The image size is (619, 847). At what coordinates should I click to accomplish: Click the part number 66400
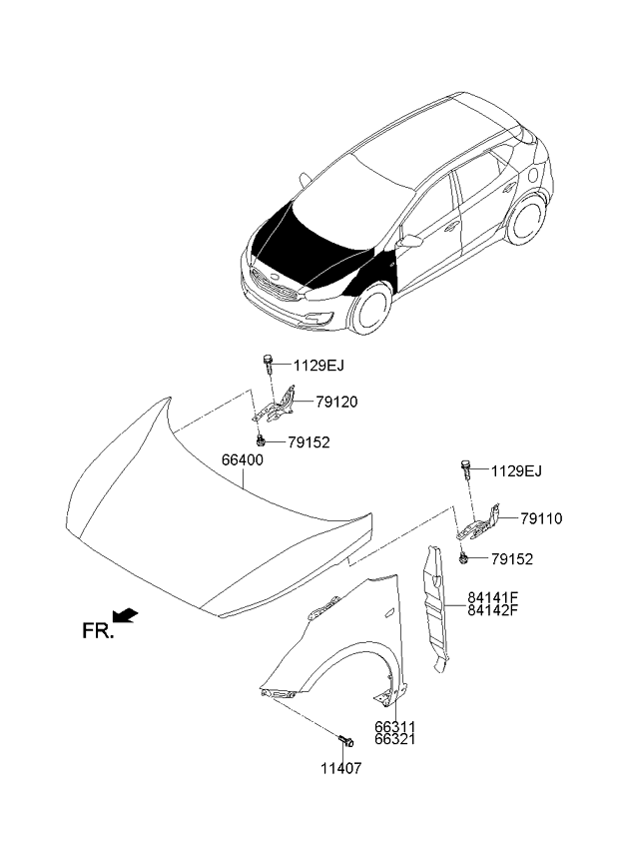point(243,460)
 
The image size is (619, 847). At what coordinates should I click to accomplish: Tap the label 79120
point(336,403)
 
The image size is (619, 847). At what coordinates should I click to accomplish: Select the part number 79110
point(541,519)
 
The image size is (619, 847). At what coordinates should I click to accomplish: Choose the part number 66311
point(395,727)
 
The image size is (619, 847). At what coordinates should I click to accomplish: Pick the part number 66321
point(395,739)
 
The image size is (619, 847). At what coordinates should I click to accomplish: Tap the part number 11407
point(341,768)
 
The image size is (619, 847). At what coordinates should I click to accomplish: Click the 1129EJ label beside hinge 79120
point(318,366)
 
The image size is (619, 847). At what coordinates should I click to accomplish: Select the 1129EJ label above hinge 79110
point(516,471)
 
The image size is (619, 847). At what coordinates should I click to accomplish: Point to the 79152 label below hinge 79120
point(309,442)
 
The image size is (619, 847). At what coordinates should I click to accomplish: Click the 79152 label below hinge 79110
point(512,559)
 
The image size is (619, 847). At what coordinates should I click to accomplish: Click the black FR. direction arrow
point(126,616)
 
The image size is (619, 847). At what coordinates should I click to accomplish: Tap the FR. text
point(98,631)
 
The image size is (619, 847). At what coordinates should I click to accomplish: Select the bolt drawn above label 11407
point(345,740)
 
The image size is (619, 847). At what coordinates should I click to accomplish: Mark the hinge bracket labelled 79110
point(478,523)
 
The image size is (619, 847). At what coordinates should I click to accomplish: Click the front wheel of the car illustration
point(370,308)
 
